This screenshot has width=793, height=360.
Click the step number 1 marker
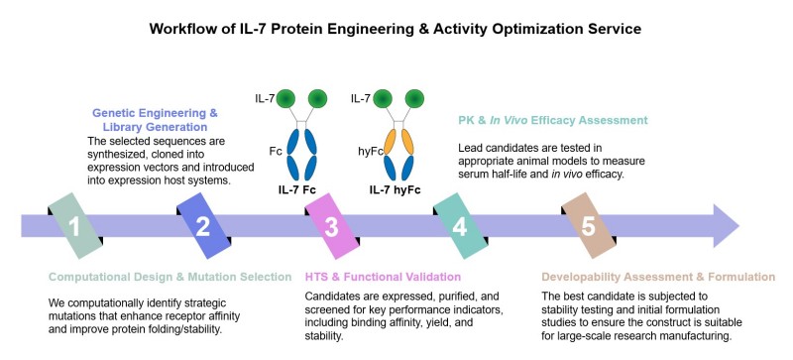tap(73, 226)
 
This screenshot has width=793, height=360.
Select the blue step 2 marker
tap(202, 226)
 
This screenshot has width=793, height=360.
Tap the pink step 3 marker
tap(331, 226)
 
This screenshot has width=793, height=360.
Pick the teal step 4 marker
tap(460, 226)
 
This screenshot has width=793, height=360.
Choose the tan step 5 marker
tap(588, 226)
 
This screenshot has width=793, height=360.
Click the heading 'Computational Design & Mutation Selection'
tap(170, 277)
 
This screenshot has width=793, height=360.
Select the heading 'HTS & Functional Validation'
tap(382, 277)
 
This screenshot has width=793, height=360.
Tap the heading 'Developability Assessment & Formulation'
tap(658, 277)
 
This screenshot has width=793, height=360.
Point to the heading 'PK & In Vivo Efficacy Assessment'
tap(560, 120)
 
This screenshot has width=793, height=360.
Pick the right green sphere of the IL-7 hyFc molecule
tap(417, 100)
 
